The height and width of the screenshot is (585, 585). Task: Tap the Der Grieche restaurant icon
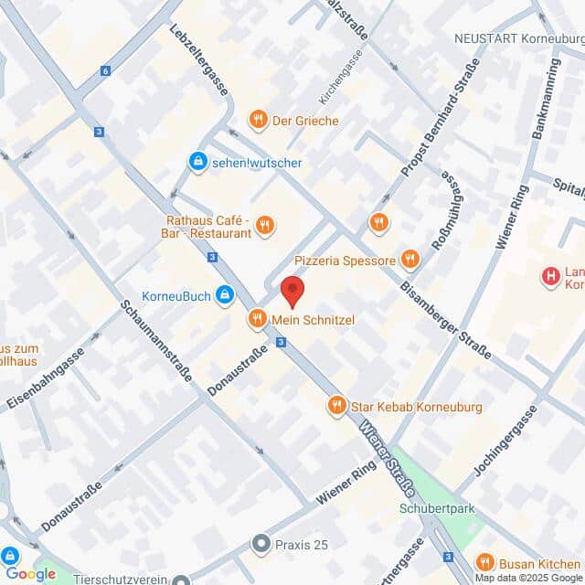(259, 120)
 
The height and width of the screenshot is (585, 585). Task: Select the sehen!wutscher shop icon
(197, 163)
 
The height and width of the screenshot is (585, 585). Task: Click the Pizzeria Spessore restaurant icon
(410, 261)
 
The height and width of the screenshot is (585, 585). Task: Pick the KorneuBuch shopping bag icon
(224, 295)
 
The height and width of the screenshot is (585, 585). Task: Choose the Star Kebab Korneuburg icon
(337, 404)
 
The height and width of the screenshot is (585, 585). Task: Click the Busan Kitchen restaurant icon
(484, 563)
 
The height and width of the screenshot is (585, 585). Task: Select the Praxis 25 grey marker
(261, 545)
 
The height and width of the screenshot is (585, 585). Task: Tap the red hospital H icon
(550, 276)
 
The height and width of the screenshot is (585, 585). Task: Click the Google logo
(30, 574)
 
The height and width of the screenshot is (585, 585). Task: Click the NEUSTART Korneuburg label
(518, 39)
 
